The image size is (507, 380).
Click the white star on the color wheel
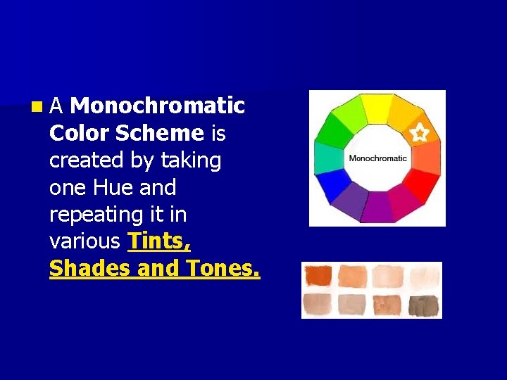coord(419,132)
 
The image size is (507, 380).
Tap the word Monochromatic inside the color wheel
coord(378,158)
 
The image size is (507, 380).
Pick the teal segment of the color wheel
coord(328,158)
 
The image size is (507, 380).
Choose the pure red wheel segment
coord(420,184)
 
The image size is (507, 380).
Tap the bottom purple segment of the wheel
coord(377,208)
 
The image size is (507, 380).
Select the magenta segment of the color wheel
coord(402,202)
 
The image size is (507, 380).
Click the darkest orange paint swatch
coord(318,275)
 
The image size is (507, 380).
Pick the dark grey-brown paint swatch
coord(424,305)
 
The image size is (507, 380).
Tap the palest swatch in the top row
coord(424,275)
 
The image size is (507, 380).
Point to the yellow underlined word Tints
coord(159,242)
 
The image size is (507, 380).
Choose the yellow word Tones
coord(222,269)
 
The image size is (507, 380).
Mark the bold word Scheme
coord(159,133)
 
